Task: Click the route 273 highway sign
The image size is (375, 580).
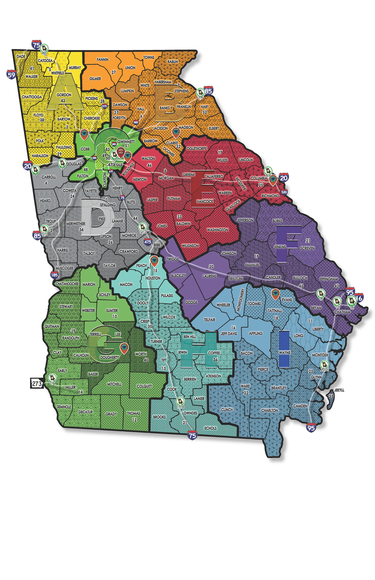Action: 36,384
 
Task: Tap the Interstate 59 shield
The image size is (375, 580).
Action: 11,74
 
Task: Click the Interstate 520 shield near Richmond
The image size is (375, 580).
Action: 284,192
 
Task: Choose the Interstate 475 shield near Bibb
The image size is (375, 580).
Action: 148,242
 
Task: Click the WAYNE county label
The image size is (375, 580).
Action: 285,353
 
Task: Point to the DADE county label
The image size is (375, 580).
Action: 21,57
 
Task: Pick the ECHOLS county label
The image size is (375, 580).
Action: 210,428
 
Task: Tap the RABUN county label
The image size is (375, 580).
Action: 173,62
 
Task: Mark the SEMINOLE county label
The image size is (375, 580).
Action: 64,407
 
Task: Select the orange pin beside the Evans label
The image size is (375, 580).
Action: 275,294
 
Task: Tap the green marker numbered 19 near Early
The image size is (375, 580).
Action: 51,379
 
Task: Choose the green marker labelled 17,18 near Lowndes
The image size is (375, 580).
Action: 180,402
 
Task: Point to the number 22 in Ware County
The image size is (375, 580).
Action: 246,392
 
